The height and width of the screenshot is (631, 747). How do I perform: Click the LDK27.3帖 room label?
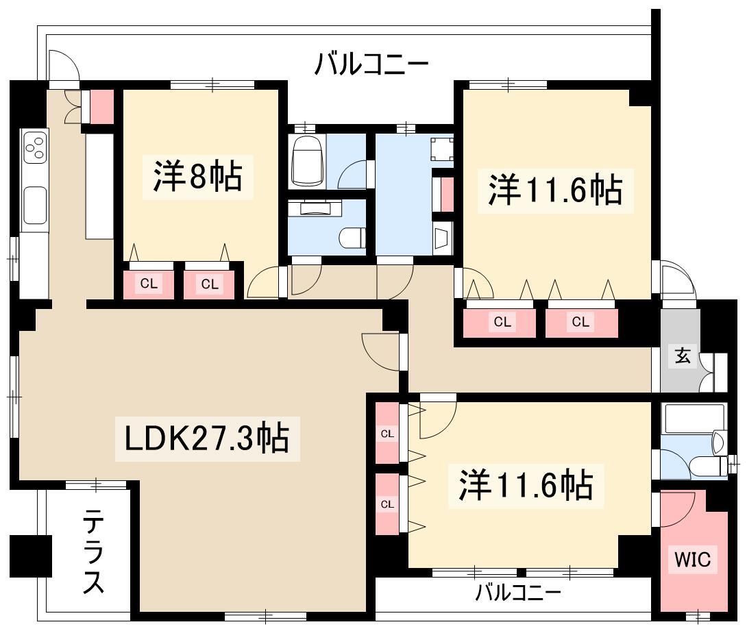[x=205, y=438]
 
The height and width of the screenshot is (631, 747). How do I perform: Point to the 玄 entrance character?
[x=682, y=356]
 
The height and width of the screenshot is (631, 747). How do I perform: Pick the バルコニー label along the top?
[x=371, y=65]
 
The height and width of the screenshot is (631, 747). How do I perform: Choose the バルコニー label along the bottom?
[x=519, y=591]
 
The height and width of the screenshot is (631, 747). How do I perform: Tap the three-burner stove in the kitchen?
[x=35, y=148]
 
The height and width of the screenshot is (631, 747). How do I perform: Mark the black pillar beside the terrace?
[x=32, y=554]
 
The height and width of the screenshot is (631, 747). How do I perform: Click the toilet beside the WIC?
[x=707, y=467]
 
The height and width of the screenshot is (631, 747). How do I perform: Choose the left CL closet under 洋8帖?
[x=147, y=284]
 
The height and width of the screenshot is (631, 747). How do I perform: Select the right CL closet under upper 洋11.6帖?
[x=580, y=321]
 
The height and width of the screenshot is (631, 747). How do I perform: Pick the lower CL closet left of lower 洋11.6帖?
[x=387, y=504]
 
